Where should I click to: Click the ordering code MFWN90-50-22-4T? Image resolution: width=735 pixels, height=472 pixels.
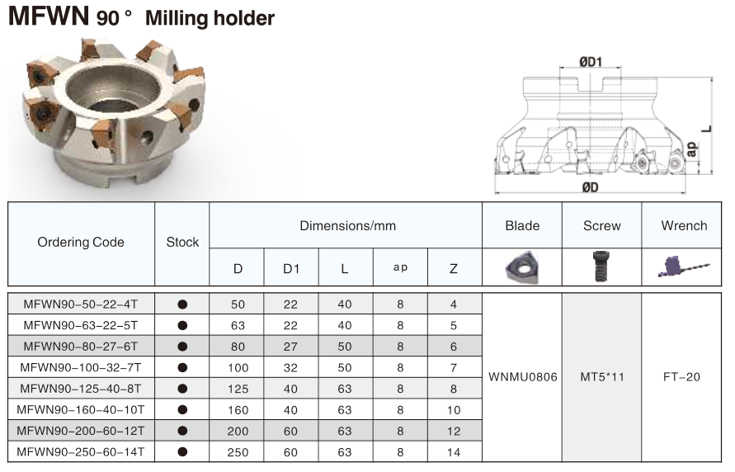[x=81, y=304]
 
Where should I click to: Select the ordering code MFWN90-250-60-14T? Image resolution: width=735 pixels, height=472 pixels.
[x=81, y=451]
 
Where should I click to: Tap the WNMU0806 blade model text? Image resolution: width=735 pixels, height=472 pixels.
[x=522, y=377]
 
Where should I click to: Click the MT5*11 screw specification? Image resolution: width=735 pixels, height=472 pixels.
[x=601, y=377]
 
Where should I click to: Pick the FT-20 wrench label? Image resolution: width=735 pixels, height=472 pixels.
[x=681, y=377]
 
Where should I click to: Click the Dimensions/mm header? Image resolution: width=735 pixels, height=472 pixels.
[x=347, y=225]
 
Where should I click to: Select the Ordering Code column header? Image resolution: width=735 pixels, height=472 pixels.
[x=81, y=242]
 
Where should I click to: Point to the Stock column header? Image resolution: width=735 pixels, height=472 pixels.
[x=182, y=242]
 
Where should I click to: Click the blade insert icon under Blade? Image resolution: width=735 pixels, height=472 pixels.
[x=522, y=267]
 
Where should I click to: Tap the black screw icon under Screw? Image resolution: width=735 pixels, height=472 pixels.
[x=601, y=267]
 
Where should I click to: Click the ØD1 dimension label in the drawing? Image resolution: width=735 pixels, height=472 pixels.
[x=589, y=61]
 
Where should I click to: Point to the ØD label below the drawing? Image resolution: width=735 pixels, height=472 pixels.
[x=590, y=187]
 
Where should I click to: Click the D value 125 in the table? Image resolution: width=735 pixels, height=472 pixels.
[x=238, y=388]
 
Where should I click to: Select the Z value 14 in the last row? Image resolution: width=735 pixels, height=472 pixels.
[x=453, y=451]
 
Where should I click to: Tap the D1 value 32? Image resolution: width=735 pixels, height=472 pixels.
[x=291, y=367]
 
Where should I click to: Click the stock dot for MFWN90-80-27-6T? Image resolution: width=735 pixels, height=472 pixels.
[x=182, y=347]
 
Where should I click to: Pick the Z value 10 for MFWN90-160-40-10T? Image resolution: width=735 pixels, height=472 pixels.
[x=453, y=409]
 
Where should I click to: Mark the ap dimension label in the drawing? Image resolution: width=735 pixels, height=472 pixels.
[x=693, y=149]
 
